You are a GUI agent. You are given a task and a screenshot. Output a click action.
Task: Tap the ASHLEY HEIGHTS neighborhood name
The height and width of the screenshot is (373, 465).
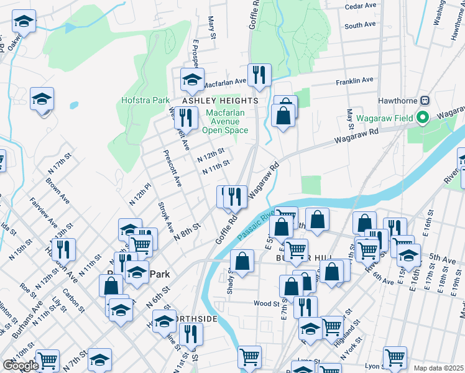tap(219, 100)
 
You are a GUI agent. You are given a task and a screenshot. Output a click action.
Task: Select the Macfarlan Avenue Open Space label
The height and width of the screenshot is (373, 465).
tap(225, 121)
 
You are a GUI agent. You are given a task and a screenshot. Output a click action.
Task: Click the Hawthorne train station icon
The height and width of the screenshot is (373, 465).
tap(425, 100)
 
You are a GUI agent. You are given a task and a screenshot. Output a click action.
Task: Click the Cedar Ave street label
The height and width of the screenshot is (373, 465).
tap(361, 6)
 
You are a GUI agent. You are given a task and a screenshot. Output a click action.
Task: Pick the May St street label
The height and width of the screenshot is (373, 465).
tap(350, 115)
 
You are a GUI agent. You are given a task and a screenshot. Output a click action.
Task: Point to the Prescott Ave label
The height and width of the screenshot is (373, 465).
tap(172, 168)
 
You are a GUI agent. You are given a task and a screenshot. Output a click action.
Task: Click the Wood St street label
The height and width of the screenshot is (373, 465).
tap(266, 303)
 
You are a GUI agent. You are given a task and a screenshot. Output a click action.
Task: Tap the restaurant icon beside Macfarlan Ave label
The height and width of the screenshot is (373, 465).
tap(259, 75)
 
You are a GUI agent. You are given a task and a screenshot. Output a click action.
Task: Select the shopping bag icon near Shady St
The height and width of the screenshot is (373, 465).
tap(242, 261)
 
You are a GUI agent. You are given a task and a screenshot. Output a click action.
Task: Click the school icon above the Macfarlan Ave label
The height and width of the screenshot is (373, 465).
tap(192, 79)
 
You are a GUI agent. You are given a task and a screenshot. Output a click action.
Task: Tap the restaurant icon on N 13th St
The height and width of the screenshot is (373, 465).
tap(63, 249)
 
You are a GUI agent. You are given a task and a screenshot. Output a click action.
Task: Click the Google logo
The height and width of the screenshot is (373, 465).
tap(21, 366)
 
